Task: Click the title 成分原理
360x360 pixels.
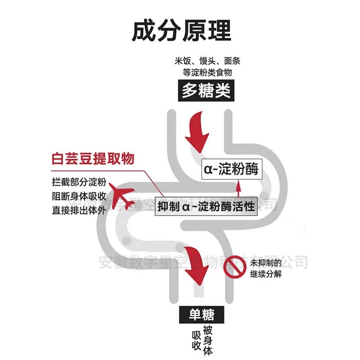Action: [181, 31]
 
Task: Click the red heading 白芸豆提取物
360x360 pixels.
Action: [93, 159]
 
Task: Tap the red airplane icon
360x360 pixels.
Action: [121, 198]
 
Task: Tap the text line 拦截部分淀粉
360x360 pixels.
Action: [79, 183]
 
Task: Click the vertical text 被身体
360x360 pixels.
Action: [207, 340]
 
